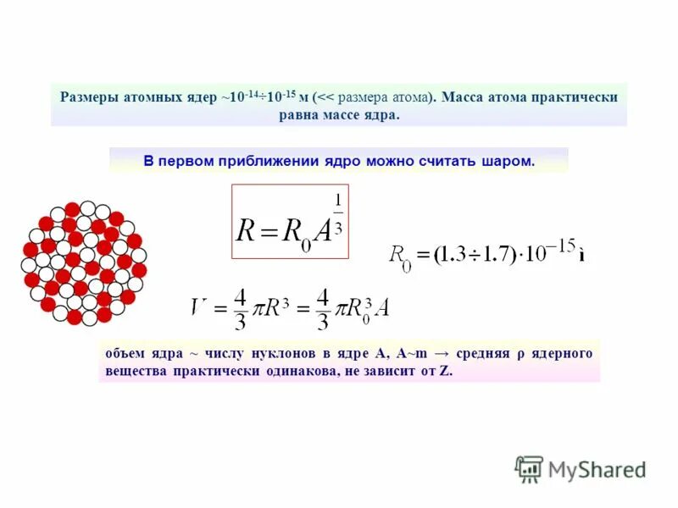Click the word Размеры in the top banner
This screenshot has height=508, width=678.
click(x=87, y=97)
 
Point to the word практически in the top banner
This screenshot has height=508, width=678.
click(x=575, y=97)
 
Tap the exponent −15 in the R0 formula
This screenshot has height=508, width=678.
click(x=563, y=246)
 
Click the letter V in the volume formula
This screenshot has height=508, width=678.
click(x=200, y=306)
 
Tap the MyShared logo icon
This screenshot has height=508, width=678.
click(x=529, y=468)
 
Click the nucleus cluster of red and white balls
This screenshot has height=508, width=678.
click(x=83, y=262)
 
